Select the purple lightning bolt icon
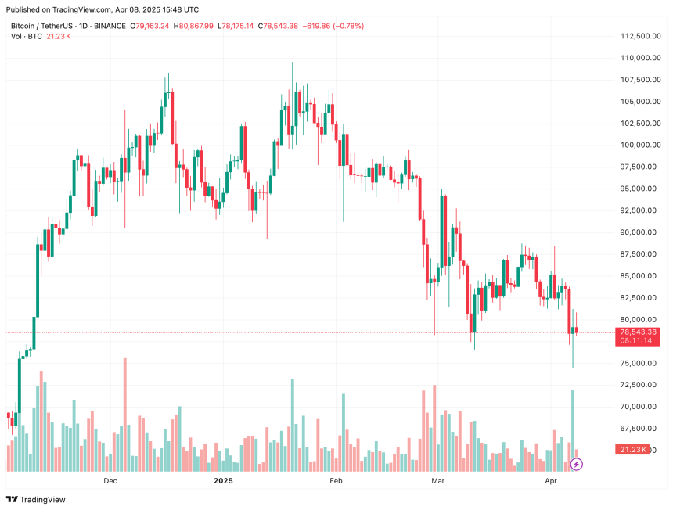(577, 464)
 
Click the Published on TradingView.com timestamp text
(102, 9)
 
